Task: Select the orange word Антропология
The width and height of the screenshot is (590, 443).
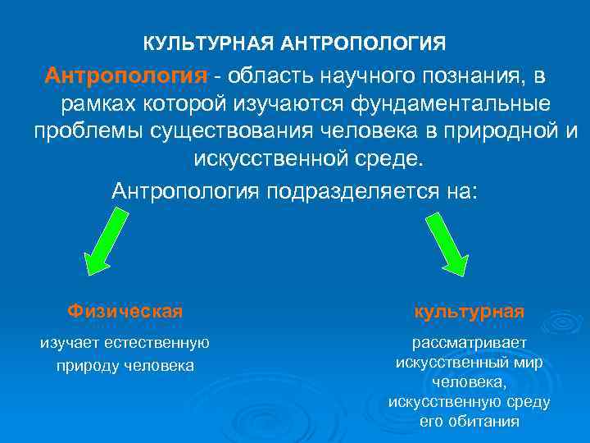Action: click(x=126, y=76)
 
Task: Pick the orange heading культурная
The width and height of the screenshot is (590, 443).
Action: click(x=469, y=312)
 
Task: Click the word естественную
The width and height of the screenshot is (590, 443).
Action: click(x=160, y=343)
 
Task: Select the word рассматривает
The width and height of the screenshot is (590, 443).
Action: click(x=470, y=344)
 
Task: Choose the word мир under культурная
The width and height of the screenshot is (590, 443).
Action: click(x=529, y=363)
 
